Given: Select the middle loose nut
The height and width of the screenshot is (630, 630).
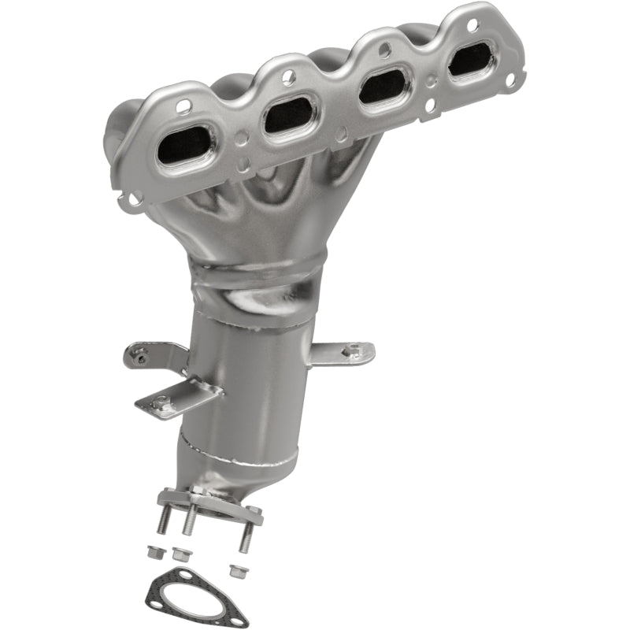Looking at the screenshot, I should (x=181, y=554).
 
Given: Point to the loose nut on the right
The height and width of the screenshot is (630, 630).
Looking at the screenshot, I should (x=234, y=569).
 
